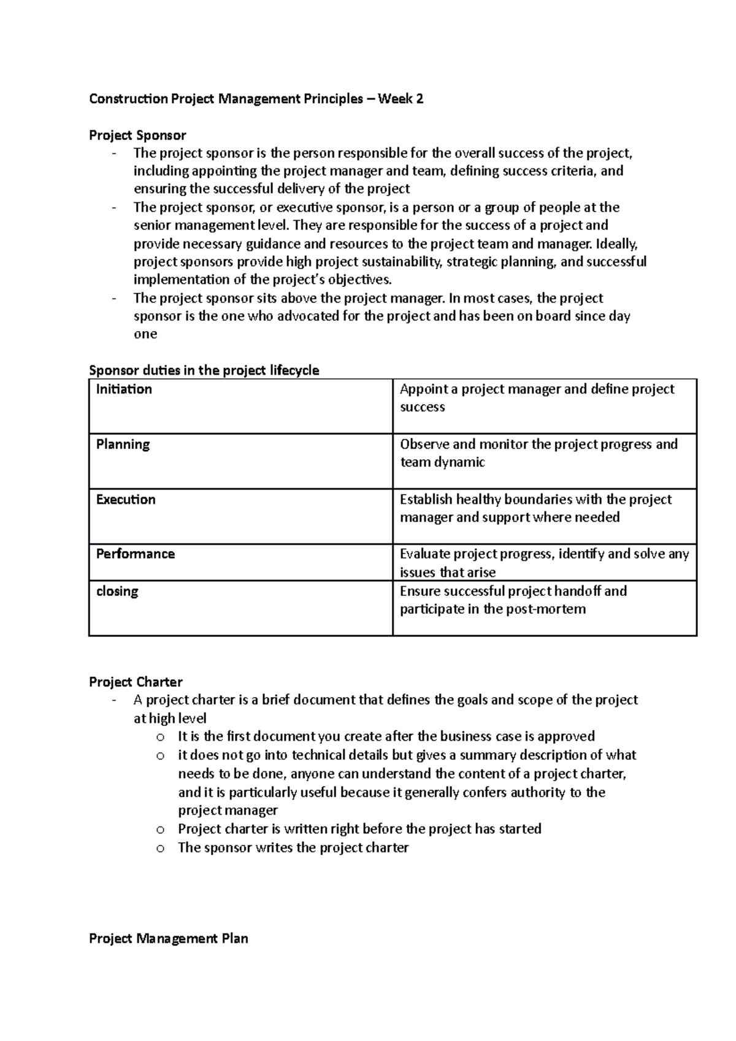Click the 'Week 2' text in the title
point(401,99)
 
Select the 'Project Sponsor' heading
point(137,135)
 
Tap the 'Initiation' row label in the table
point(124,389)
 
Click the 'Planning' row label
point(123,444)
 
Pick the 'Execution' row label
point(126,500)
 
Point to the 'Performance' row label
point(136,554)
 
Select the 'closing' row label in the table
point(117,592)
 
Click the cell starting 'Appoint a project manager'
point(537,398)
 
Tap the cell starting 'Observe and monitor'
point(539,453)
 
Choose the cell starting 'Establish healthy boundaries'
point(535,508)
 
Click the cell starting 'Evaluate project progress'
point(544,563)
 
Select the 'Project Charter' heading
point(136,682)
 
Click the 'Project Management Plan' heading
point(169,939)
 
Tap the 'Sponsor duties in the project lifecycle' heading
point(204,370)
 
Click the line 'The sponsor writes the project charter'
point(293,848)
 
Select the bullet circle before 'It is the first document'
point(160,738)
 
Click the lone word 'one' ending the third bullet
point(145,334)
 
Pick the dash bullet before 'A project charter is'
point(114,701)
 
